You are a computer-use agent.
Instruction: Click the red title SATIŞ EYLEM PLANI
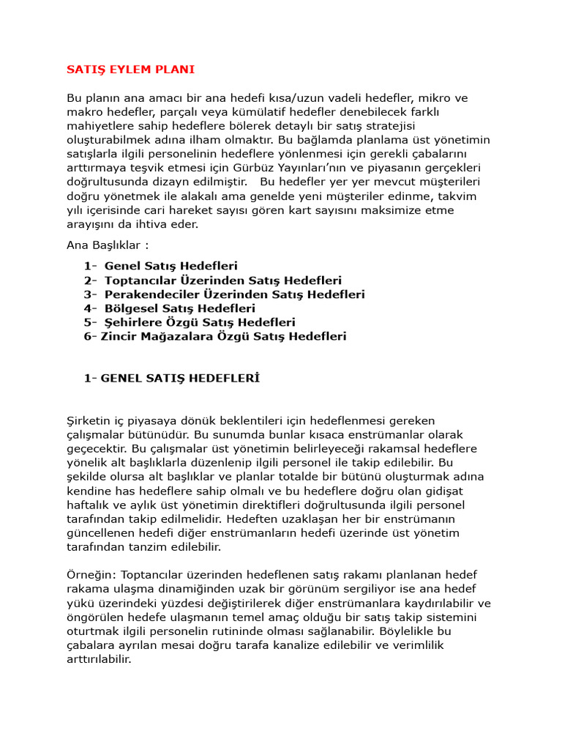[x=130, y=70]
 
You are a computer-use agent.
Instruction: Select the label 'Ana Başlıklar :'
[x=107, y=245]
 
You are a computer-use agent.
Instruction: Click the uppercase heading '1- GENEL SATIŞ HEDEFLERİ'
[x=172, y=379]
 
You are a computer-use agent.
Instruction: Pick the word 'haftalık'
[x=89, y=505]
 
